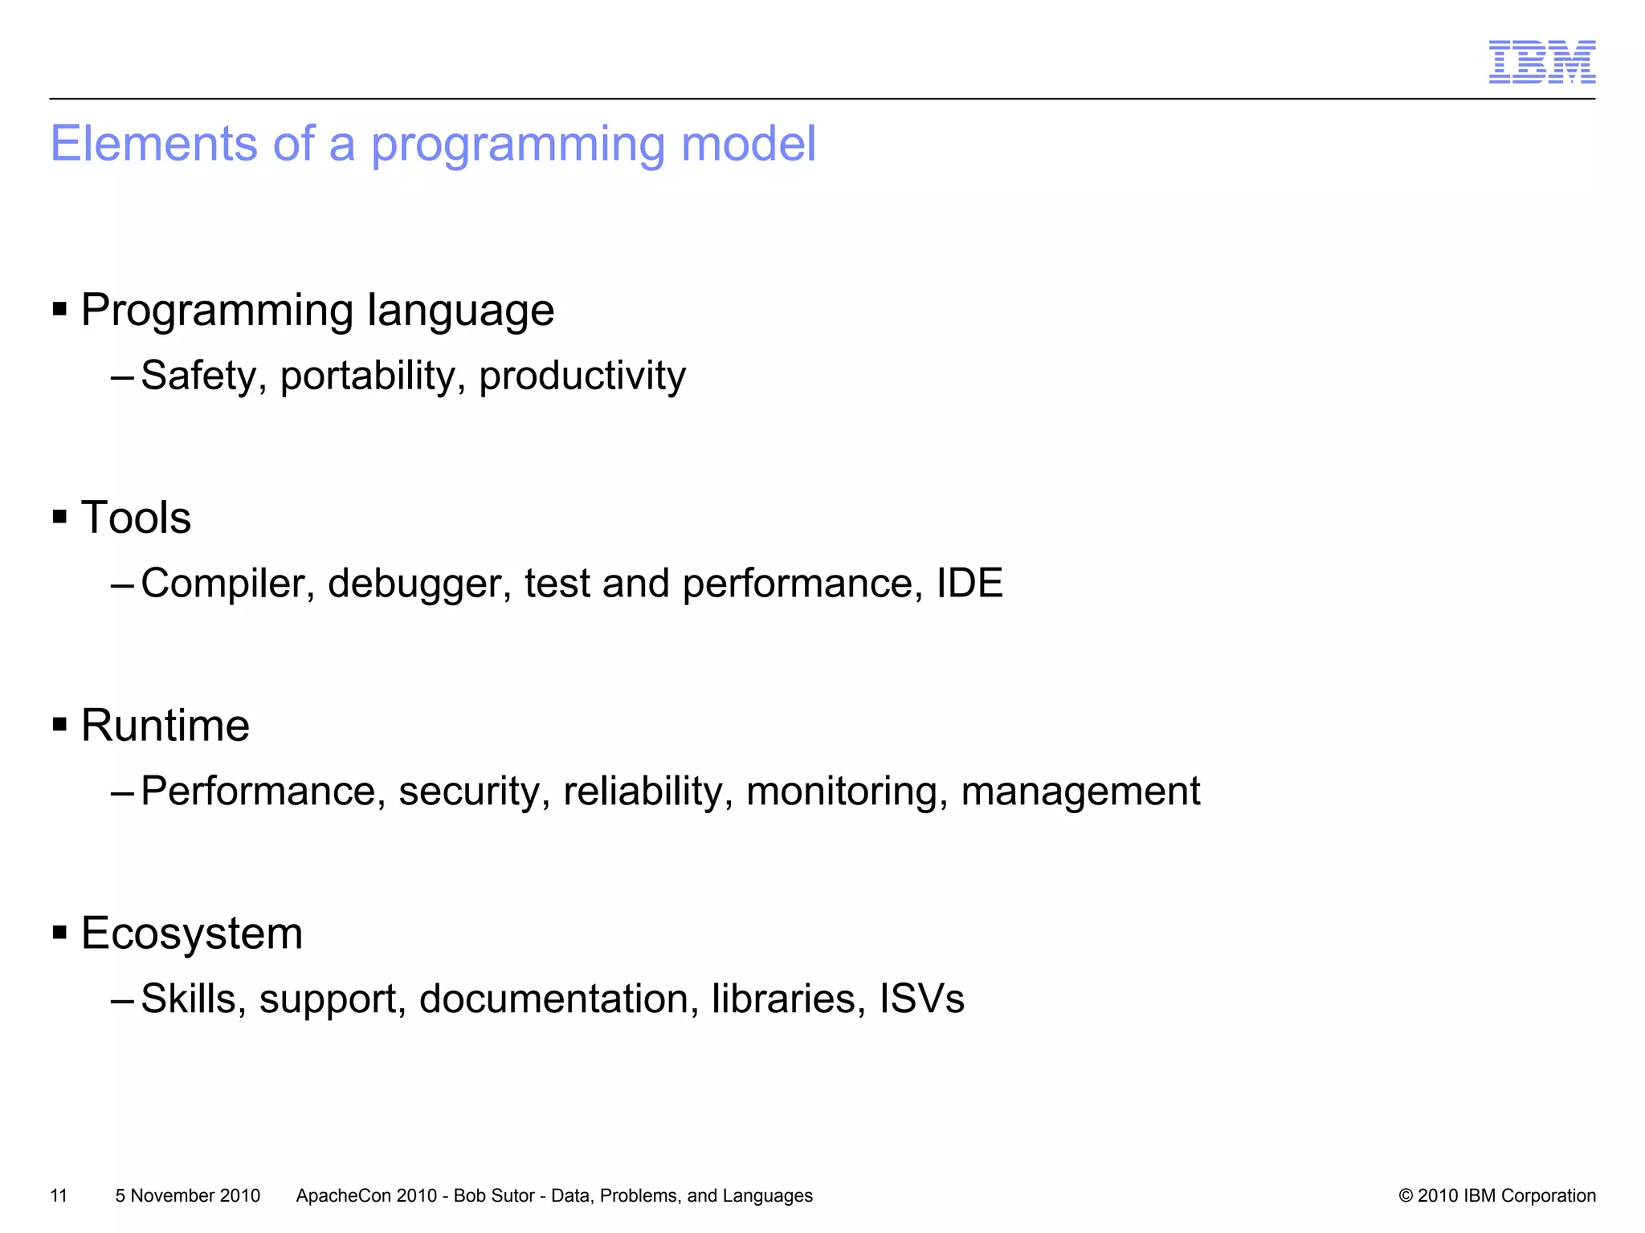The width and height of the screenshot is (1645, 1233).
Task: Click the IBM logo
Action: tap(1541, 62)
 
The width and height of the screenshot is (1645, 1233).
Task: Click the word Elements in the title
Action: tap(153, 144)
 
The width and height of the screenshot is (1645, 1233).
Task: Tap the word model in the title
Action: tap(748, 144)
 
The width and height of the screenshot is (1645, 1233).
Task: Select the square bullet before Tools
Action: tap(59, 516)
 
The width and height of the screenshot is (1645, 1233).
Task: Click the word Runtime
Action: tap(165, 726)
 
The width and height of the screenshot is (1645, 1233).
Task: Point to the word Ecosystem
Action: tap(192, 934)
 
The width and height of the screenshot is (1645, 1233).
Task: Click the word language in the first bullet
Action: tap(460, 311)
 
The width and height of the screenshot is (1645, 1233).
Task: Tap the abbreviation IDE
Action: tap(969, 583)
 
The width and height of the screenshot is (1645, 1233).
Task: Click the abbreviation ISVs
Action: tap(921, 999)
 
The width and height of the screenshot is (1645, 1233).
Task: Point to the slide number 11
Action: tap(59, 1196)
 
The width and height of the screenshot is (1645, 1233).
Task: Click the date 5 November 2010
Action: tap(187, 1196)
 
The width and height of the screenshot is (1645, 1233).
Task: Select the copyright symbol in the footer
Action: tap(1406, 1196)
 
